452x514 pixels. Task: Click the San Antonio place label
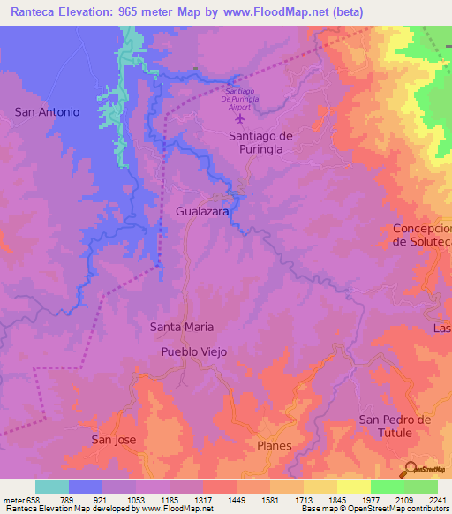pos(48,112)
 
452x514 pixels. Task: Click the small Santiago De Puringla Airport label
pos(252,96)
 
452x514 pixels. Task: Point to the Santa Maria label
pos(182,327)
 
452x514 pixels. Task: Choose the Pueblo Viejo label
pos(194,351)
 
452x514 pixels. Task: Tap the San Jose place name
pos(115,439)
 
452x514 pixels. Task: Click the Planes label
pos(275,446)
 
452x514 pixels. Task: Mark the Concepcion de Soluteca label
pos(422,235)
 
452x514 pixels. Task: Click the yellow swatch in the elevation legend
pos(354,487)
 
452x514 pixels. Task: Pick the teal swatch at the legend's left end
pos(52,487)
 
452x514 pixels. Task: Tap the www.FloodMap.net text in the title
pos(275,12)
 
